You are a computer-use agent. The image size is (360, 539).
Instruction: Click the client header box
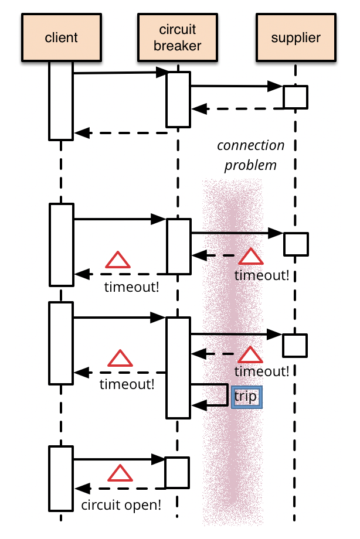61,37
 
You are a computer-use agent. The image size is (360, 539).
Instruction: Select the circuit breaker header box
178,37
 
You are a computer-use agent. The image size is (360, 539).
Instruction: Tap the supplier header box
296,37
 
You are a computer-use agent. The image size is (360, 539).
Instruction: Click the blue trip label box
247,397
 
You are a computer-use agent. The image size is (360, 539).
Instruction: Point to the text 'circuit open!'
121,505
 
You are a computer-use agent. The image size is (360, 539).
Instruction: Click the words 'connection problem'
251,155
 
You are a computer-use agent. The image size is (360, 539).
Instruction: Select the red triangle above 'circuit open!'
120,473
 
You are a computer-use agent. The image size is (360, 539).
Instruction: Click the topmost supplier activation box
296,97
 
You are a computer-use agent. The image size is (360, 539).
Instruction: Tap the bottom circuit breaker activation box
177,473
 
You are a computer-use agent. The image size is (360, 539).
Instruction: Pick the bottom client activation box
61,479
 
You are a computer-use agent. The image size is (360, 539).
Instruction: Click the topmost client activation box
61,101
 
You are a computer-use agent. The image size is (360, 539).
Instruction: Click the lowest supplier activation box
295,346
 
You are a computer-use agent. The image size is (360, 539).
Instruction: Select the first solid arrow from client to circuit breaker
120,73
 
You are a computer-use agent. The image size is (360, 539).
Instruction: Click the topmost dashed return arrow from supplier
237,109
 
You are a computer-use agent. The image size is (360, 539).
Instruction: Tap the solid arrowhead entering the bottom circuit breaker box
158,459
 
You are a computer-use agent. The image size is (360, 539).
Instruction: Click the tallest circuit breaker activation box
178,368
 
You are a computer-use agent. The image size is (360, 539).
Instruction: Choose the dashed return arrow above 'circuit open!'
120,489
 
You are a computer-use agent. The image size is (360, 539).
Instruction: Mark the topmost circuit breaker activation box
178,100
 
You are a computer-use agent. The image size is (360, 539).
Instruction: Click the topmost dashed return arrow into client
121,132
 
